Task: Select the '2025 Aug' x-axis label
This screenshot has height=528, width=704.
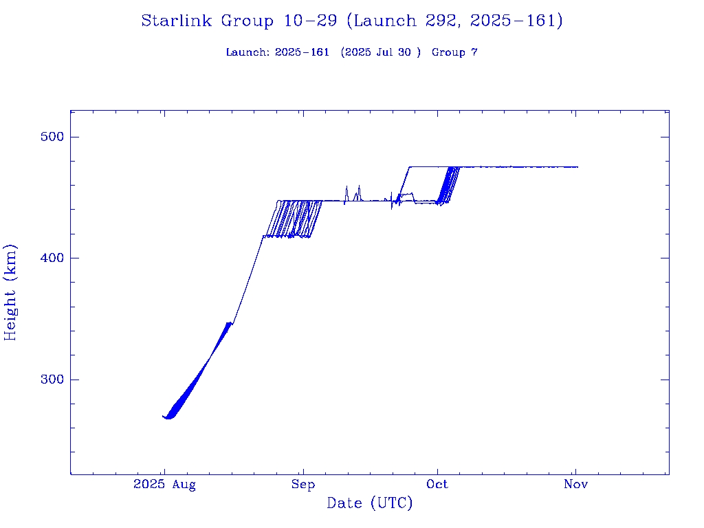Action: (164, 485)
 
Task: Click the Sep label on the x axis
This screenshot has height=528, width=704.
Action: (302, 485)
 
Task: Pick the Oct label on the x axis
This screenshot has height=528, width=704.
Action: (437, 485)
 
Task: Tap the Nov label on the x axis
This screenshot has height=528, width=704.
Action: (575, 485)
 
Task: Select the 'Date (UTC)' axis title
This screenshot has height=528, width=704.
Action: (370, 503)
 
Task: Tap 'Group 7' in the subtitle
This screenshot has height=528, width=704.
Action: (454, 52)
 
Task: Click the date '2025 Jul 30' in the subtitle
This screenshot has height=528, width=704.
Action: (380, 52)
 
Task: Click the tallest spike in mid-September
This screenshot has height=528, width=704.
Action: (359, 186)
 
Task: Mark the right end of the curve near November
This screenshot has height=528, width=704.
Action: (577, 167)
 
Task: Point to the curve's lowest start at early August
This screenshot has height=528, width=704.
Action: (168, 418)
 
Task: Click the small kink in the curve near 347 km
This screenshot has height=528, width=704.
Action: (231, 322)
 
